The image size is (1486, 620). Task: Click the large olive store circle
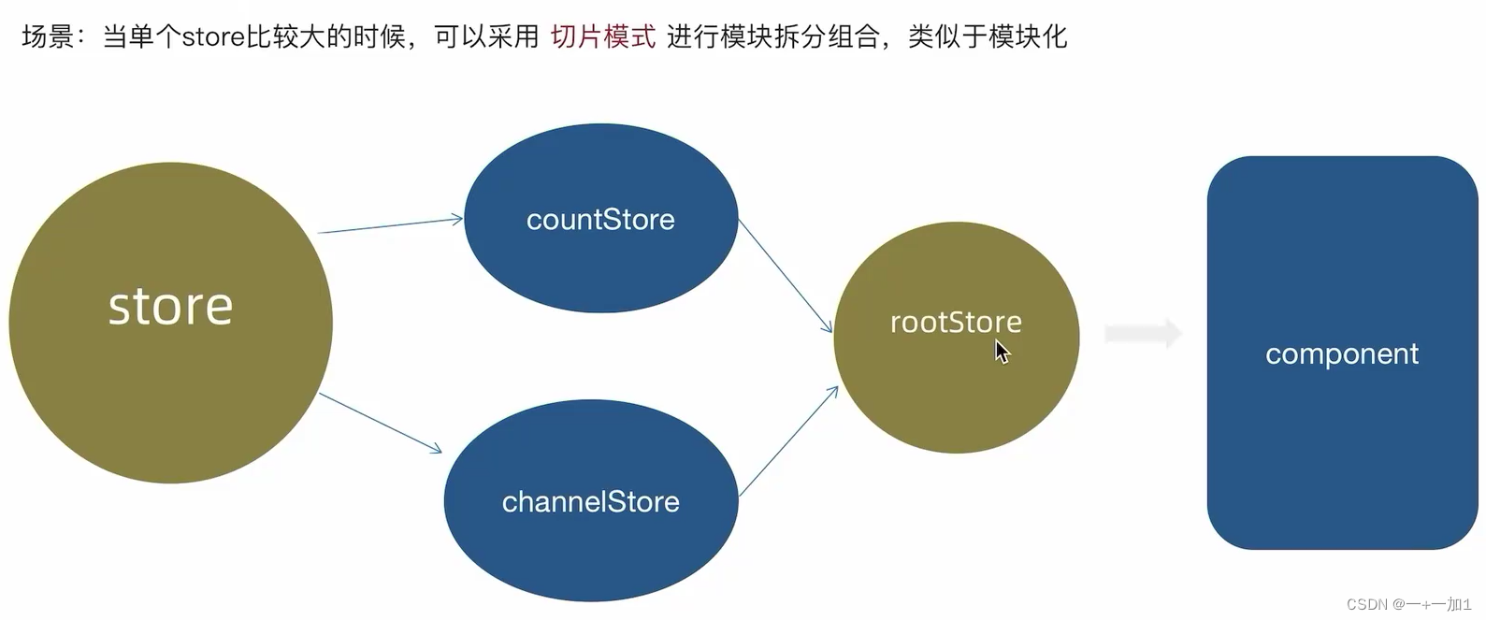170,323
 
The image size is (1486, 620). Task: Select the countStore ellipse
601,218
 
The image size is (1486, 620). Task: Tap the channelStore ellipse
591,500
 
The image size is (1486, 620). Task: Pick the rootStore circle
956,338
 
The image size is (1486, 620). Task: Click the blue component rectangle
1343,353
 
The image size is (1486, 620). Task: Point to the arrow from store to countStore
390,225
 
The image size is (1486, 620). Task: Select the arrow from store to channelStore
380,423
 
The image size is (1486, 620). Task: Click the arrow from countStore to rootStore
786,276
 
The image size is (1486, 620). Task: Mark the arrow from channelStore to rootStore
788,441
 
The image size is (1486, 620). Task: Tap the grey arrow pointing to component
1143,333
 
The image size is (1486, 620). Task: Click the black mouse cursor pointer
1002,353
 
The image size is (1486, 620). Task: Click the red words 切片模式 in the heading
603,36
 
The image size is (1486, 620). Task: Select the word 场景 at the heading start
48,36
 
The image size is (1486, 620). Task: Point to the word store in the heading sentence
213,37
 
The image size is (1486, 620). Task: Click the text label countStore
600,220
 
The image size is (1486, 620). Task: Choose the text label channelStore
590,502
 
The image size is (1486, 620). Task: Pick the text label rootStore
956,323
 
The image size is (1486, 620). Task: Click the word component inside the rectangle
1342,354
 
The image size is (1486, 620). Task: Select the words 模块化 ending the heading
1028,36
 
